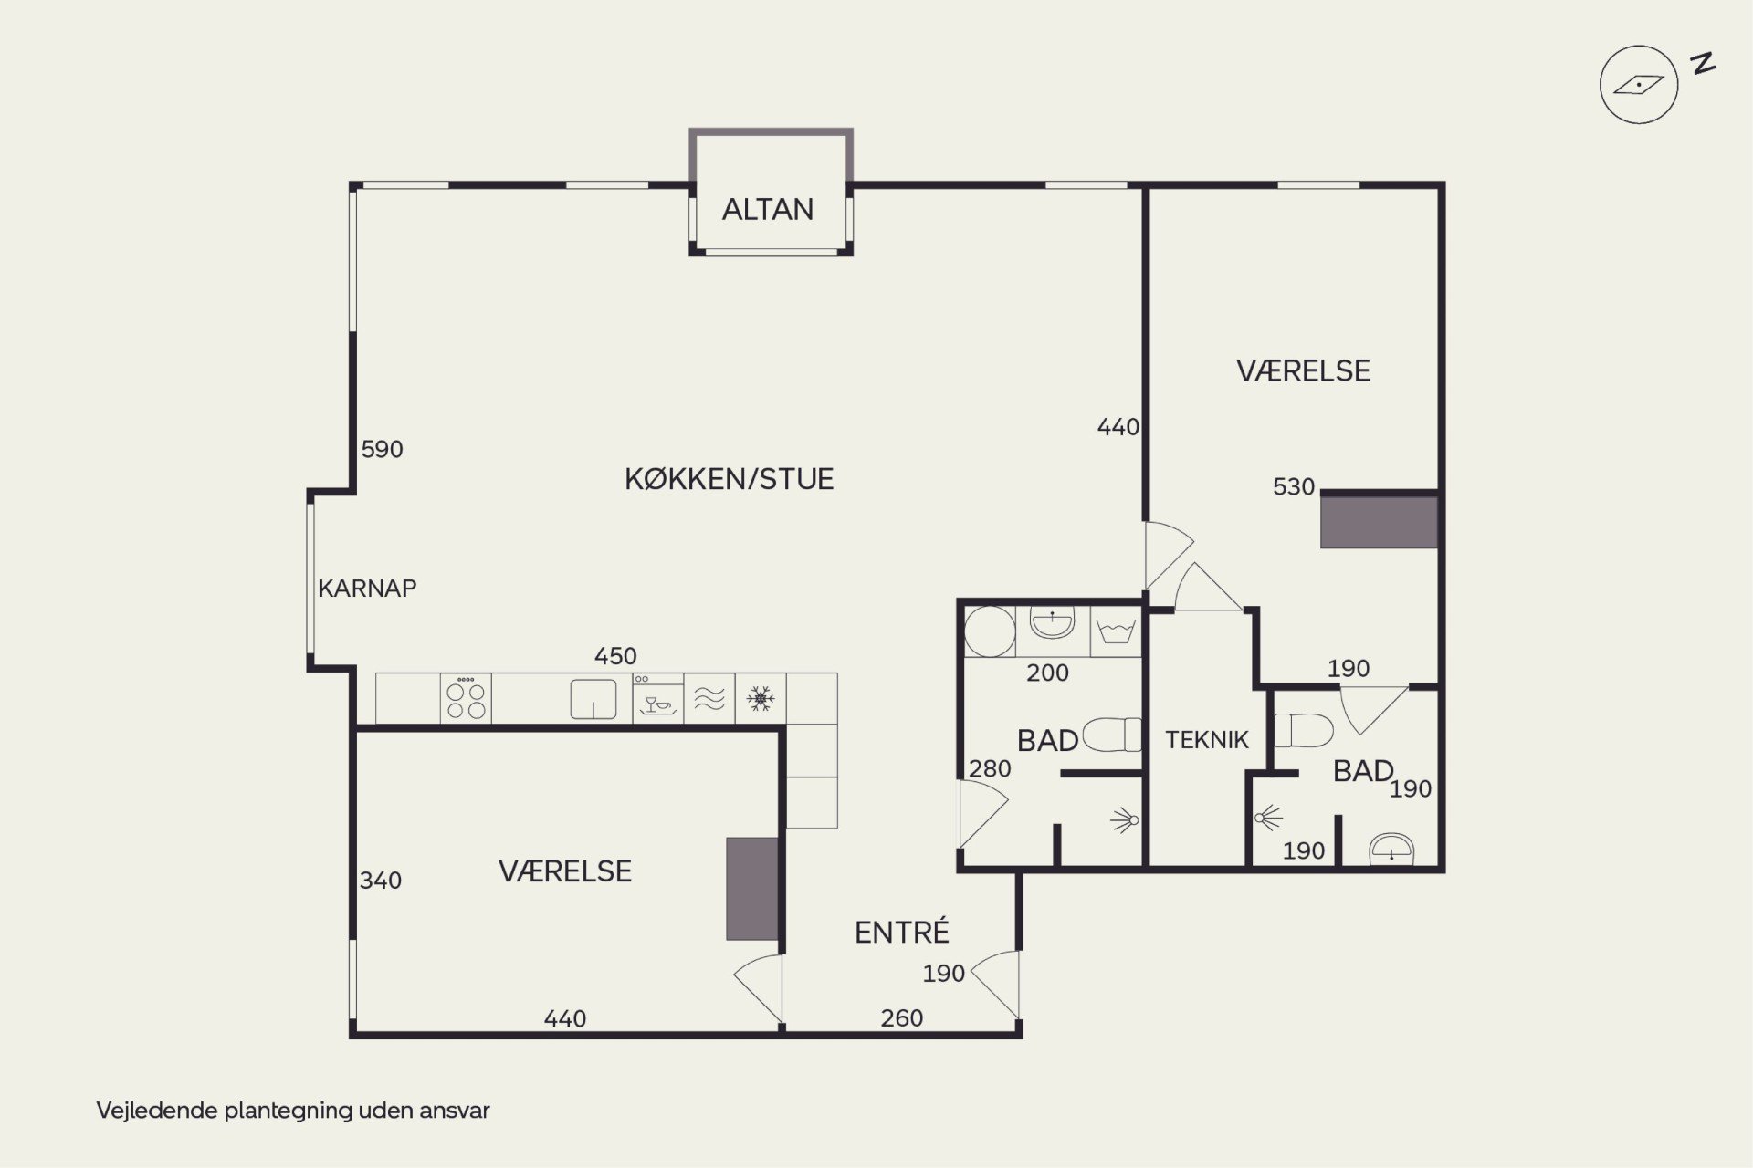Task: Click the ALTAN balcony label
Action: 767,210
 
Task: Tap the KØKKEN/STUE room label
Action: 729,479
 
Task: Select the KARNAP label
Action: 367,589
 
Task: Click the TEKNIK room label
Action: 1206,740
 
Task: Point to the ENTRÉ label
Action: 902,931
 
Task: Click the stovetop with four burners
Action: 466,699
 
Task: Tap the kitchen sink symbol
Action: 593,699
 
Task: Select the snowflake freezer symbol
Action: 761,699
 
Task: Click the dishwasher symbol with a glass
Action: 657,699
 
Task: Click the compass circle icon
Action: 1639,85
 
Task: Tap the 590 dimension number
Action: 382,449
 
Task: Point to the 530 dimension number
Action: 1294,487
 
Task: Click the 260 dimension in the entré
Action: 902,1018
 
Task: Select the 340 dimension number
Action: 380,881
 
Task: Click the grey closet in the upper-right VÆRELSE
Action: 1379,522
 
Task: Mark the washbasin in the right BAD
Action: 1391,849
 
